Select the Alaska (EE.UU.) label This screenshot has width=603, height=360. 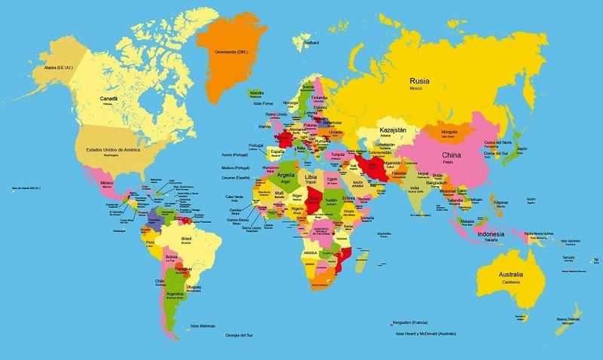pyautogui.click(x=47, y=66)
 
